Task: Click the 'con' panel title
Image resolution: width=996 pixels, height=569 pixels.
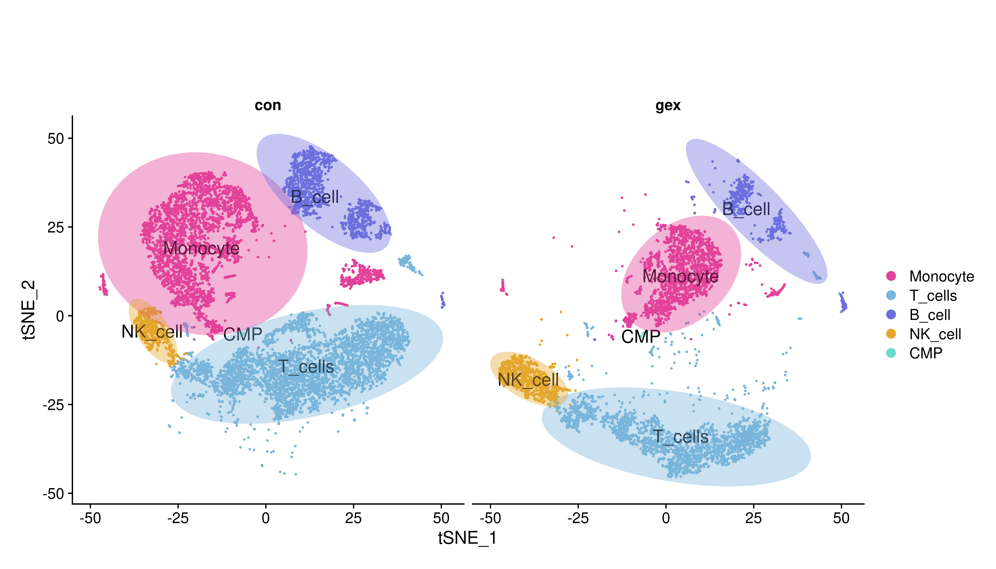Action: click(x=268, y=106)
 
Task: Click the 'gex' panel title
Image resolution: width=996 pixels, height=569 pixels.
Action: click(x=668, y=106)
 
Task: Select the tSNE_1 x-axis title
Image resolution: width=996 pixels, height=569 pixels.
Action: click(x=467, y=538)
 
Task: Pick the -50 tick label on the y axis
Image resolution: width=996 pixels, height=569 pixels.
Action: click(x=53, y=494)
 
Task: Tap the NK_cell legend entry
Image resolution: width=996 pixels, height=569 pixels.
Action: click(x=935, y=334)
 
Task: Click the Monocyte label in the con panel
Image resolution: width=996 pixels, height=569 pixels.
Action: click(x=201, y=249)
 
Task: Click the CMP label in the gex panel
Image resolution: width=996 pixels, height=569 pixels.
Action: click(x=640, y=337)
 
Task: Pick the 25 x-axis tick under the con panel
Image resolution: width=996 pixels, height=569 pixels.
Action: click(x=353, y=518)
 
